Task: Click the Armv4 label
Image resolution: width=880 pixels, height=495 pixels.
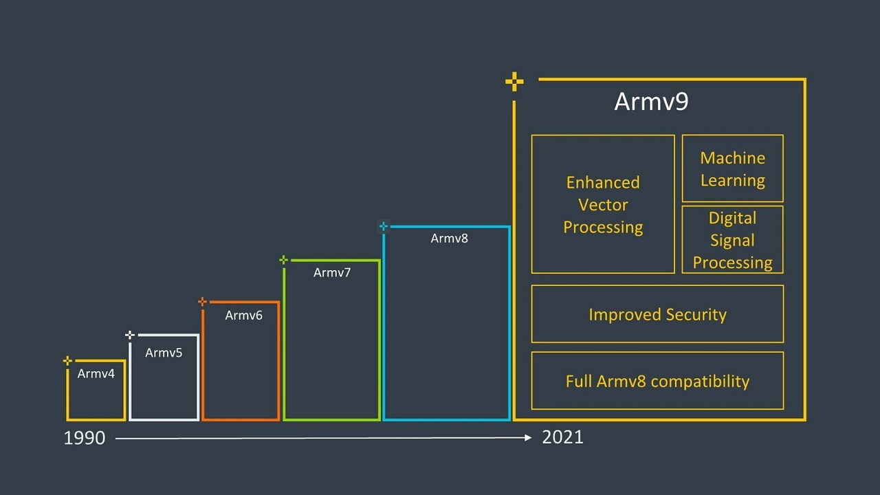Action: [96, 373]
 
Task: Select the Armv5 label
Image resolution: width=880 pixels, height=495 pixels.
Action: [164, 353]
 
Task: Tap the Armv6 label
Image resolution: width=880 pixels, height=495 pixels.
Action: [243, 316]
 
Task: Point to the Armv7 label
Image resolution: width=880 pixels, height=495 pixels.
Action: [332, 273]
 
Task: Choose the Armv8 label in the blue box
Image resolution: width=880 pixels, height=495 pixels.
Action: [450, 239]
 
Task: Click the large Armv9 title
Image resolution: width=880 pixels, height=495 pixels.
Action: [651, 101]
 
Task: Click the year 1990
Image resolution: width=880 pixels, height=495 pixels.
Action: [85, 438]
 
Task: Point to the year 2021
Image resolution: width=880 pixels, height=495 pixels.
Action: [562, 437]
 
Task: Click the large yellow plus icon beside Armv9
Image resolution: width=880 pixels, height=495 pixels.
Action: [514, 82]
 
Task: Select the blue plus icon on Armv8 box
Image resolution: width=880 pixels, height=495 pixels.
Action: [384, 226]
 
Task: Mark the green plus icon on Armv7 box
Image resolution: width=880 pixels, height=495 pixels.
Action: [284, 260]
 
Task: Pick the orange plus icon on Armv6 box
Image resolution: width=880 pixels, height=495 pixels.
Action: [202, 302]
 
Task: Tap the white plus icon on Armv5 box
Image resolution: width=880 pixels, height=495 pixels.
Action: [130, 335]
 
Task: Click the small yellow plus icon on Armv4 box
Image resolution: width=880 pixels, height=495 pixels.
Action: [67, 361]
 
